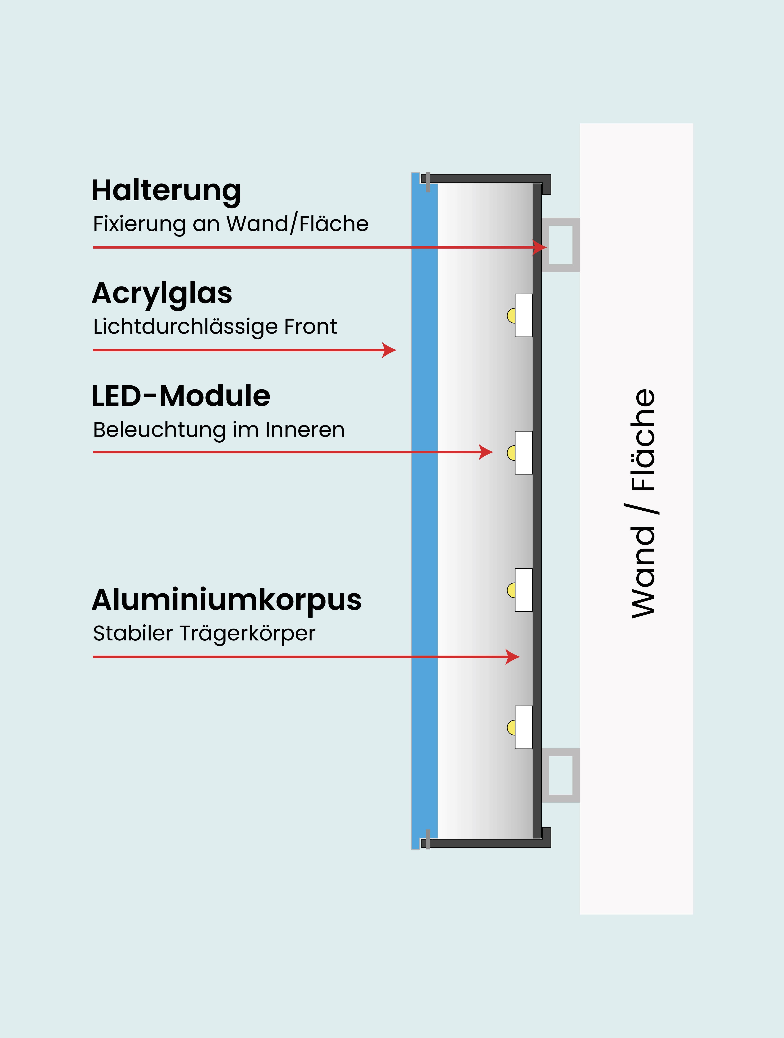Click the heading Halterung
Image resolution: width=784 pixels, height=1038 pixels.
(x=166, y=191)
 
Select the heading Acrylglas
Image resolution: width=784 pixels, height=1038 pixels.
(x=162, y=294)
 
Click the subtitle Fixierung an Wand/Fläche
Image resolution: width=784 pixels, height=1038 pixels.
(x=230, y=224)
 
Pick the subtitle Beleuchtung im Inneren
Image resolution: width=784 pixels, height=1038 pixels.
(x=219, y=430)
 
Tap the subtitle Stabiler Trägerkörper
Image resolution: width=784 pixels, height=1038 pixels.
(x=204, y=634)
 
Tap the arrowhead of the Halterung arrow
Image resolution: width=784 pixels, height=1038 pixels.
(x=541, y=247)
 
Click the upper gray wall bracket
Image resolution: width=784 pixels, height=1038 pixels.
(x=561, y=245)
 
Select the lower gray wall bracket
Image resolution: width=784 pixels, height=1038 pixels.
(x=561, y=775)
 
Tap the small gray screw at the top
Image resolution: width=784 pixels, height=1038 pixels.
(x=428, y=182)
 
